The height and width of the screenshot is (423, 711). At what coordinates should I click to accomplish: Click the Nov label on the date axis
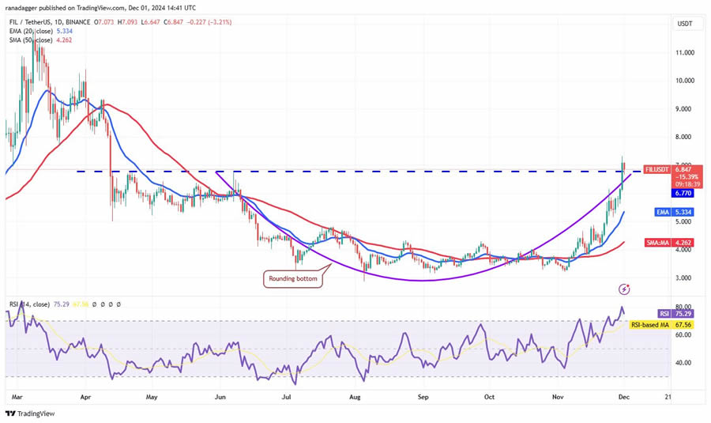coord(556,397)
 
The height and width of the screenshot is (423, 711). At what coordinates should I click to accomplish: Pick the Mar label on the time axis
coord(16,397)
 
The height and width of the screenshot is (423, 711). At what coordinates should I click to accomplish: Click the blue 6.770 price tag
coord(683,192)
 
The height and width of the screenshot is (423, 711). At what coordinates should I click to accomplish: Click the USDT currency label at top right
coord(684,24)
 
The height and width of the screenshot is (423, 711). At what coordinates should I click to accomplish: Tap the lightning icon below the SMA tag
coord(624,289)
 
